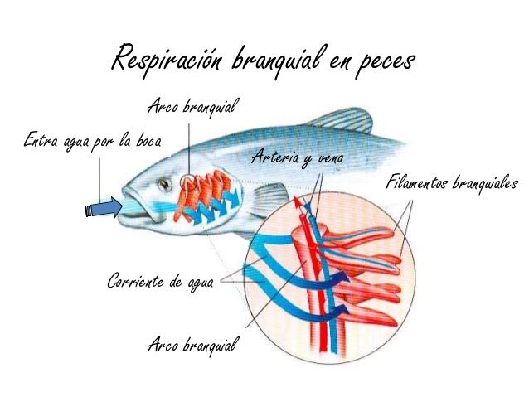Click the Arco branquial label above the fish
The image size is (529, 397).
pyautogui.click(x=192, y=106)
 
